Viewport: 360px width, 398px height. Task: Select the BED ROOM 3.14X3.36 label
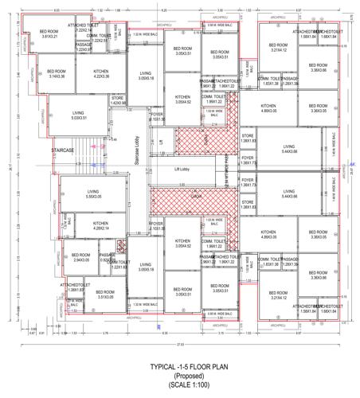pyautogui.click(x=57, y=73)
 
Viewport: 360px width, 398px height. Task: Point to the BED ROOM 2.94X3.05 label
pyautogui.click(x=81, y=257)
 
